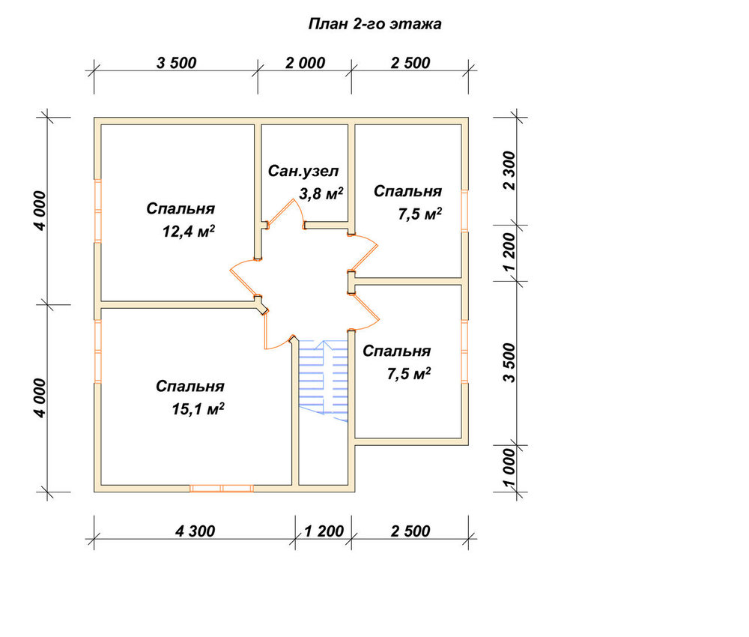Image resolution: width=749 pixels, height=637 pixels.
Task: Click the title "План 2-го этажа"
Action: pos(374,24)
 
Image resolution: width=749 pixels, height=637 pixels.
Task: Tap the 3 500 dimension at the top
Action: pos(176,63)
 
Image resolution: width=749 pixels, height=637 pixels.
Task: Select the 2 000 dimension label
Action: pos(306,63)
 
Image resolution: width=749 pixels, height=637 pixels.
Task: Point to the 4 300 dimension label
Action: pos(195,531)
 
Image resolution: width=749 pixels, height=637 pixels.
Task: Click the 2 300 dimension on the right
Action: pos(510,171)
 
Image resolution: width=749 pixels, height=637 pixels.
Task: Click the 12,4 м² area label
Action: pos(188,232)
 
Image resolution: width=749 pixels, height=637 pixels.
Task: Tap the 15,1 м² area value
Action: pos(198,409)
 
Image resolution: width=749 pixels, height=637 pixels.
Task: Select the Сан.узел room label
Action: pos(303,171)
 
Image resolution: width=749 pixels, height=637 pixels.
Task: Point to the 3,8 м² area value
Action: pos(321,193)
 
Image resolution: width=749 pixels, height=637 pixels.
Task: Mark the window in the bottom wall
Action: pos(222,488)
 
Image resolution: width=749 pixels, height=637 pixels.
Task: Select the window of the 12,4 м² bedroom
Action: pos(97,211)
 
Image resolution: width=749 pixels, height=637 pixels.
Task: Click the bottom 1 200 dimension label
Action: pos(324,531)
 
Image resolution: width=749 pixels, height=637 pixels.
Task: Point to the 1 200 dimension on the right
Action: pos(510,252)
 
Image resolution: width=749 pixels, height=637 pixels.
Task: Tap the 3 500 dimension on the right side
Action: pos(510,363)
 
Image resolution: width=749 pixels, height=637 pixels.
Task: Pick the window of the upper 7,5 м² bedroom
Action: pos(464,211)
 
